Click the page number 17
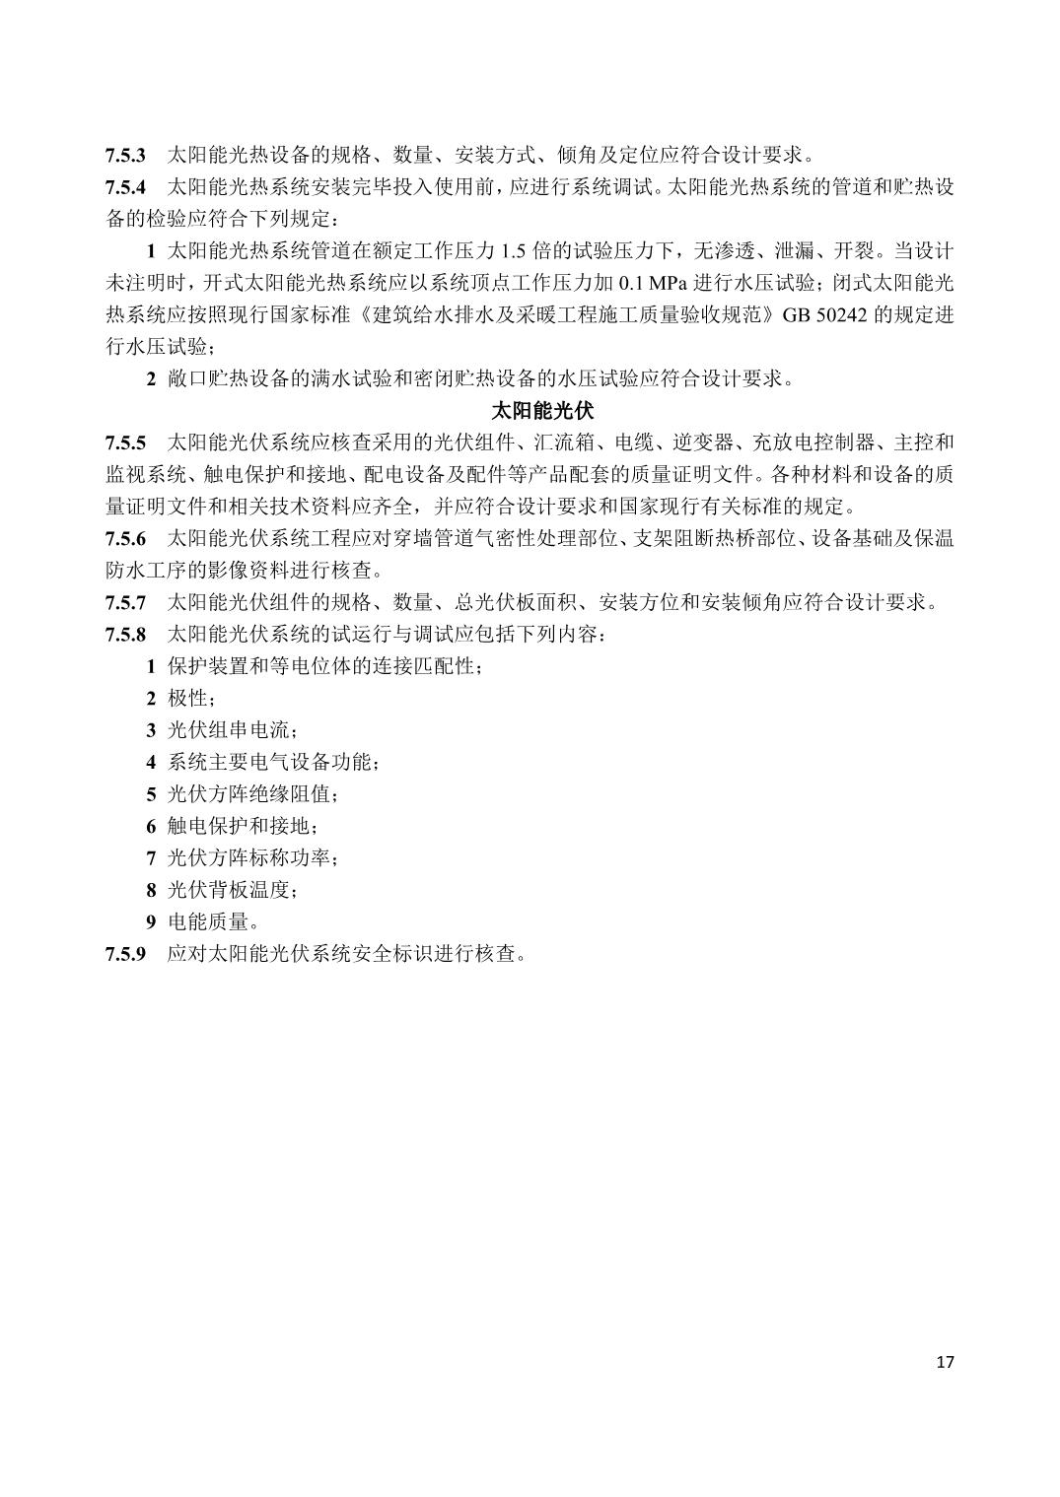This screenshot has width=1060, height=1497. pos(945,1363)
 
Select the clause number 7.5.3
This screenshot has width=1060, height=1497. pos(126,156)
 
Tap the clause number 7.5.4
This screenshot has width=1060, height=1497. pos(126,187)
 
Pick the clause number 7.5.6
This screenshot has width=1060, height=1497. pos(126,538)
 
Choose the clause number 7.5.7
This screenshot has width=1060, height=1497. pos(126,602)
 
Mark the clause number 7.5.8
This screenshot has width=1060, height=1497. pos(126,634)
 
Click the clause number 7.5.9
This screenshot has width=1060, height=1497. pos(126,954)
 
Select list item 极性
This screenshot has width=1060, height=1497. pos(187,698)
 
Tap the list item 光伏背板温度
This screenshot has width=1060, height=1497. pos(229,890)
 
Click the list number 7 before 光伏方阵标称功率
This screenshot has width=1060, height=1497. pos(151,858)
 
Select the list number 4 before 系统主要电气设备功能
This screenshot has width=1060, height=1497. pos(151,763)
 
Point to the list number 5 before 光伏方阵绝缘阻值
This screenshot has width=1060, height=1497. pos(151,794)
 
